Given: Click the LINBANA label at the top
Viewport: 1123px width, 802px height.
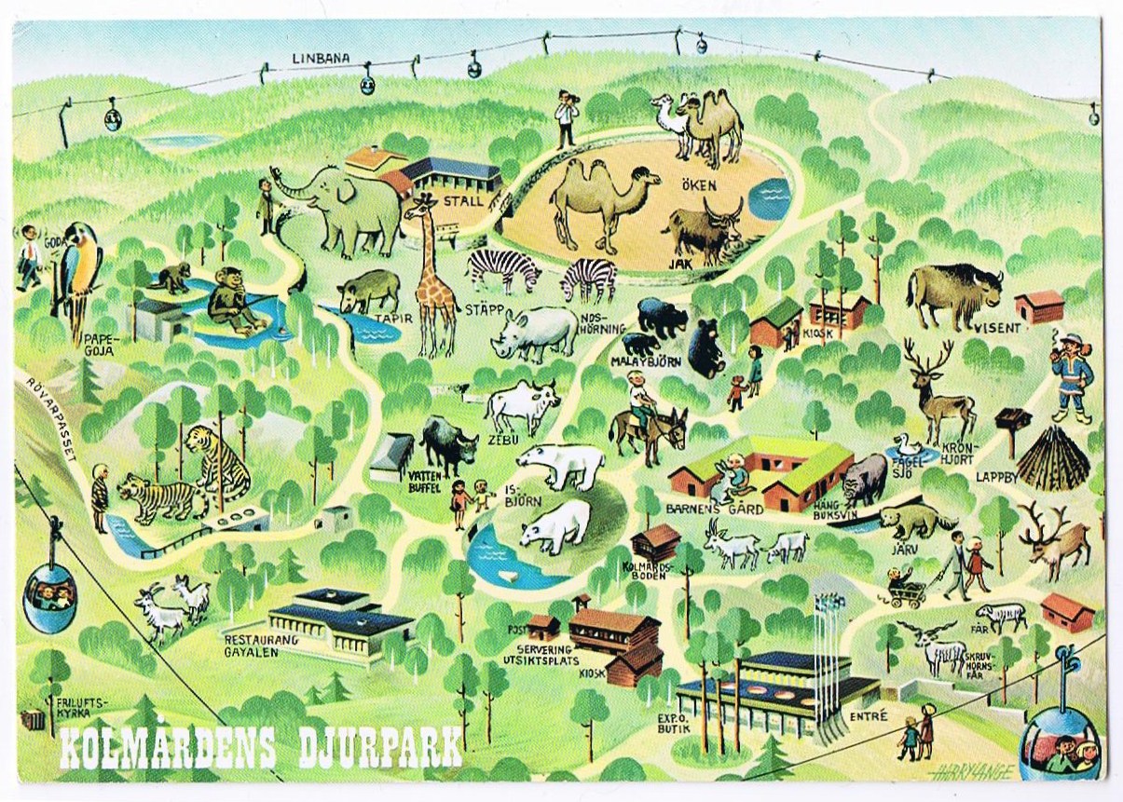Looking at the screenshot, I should (321, 58).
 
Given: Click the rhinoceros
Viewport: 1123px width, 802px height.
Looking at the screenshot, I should (537, 332).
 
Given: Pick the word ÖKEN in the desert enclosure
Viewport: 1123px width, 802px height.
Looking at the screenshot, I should (698, 185).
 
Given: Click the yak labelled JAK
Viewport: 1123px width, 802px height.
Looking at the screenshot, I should (704, 229).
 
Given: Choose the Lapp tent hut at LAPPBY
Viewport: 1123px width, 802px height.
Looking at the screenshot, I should (1052, 458).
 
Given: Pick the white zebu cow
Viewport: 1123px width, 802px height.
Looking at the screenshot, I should (522, 406).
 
